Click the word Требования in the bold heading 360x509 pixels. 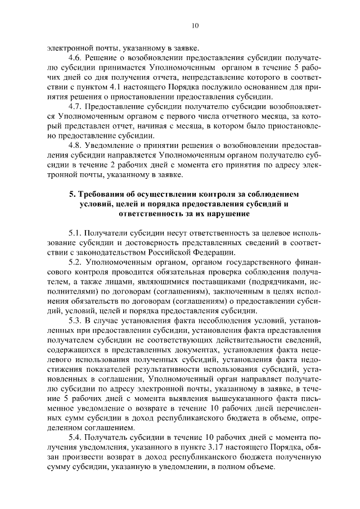tap(105, 193)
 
